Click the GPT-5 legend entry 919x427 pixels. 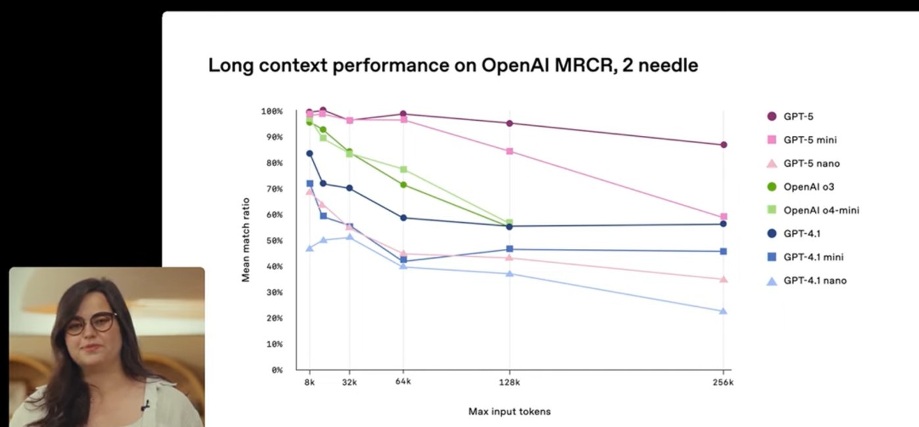798,116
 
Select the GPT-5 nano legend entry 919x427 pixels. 811,164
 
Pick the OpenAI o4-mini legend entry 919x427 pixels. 821,210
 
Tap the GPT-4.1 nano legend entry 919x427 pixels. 814,281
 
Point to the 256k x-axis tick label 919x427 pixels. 723,382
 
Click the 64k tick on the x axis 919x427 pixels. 403,382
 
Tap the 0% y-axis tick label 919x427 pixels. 276,370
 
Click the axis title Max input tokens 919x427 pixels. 509,412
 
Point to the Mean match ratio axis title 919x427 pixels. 246,239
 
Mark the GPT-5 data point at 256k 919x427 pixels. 723,145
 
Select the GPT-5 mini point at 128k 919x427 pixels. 509,151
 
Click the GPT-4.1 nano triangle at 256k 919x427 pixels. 723,311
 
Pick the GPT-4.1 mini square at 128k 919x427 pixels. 509,249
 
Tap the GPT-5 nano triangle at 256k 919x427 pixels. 723,279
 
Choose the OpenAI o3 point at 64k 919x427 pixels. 403,185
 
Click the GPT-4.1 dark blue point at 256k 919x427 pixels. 723,224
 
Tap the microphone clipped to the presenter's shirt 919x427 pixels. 144,405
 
